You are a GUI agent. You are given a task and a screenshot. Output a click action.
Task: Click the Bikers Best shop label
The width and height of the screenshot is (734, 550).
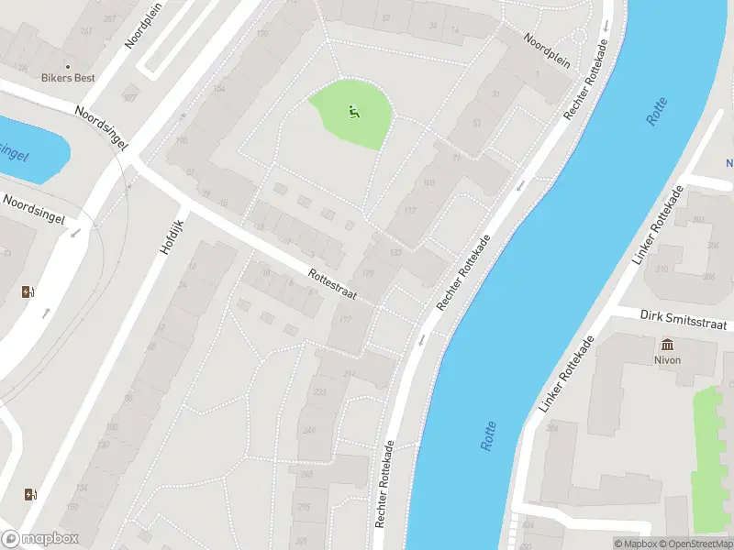(68, 79)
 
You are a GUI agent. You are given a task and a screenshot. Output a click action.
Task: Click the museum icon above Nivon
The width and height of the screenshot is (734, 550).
(667, 345)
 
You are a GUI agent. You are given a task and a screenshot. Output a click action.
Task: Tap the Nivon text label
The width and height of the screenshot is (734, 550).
(667, 361)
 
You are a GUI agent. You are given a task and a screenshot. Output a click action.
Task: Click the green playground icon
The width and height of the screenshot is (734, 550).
(353, 113)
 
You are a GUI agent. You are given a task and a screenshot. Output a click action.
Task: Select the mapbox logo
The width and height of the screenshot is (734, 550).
(40, 538)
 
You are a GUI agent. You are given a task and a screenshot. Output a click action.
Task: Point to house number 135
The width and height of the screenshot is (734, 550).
(395, 253)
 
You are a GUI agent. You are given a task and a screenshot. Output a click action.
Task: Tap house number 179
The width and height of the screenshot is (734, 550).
(369, 273)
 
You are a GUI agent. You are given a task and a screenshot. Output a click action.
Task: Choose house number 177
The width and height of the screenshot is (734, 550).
(346, 319)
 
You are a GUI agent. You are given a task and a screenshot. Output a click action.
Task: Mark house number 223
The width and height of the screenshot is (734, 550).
(320, 391)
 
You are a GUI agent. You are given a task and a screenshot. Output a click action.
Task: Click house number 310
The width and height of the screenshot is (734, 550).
(662, 269)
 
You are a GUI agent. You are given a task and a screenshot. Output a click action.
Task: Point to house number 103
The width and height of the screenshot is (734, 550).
(428, 182)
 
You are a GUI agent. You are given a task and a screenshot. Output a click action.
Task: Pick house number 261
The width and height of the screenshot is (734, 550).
(87, 31)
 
